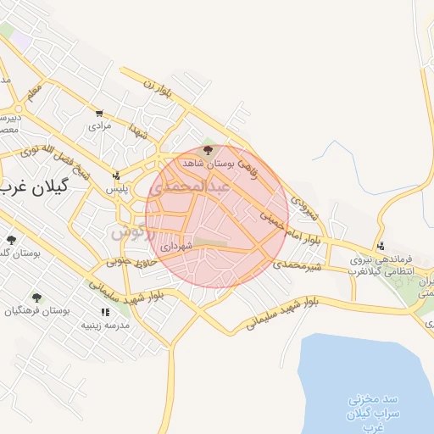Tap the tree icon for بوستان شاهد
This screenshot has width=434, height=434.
coord(209,150)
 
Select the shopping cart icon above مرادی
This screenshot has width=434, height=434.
coord(100,113)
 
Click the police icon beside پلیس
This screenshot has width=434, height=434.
coord(116,176)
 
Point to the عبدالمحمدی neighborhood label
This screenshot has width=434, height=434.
coord(194,185)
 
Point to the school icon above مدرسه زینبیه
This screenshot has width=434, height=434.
coord(104,313)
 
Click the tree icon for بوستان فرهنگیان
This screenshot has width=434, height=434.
coord(36,298)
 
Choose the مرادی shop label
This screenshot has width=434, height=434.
coord(101,125)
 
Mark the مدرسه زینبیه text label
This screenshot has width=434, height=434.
coord(105,325)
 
